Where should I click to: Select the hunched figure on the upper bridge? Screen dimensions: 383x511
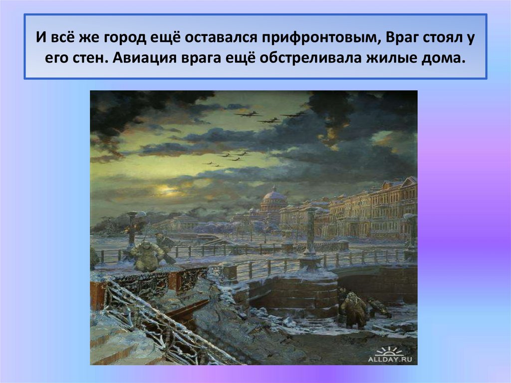(x=147, y=255)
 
